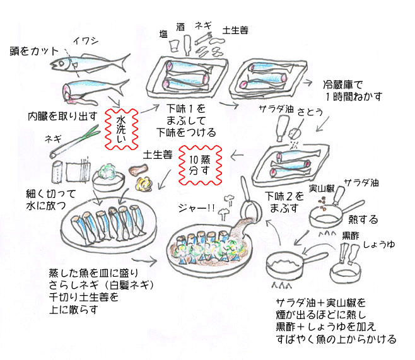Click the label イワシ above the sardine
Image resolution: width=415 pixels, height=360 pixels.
click(86, 41)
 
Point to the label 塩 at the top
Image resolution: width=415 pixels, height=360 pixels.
click(163, 35)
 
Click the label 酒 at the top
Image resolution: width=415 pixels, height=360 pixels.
click(181, 27)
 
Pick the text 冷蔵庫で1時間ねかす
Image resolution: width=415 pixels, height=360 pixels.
click(344, 90)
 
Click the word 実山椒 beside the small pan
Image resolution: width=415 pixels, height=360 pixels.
click(321, 187)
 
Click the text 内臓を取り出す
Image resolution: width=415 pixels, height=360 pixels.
click(62, 116)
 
